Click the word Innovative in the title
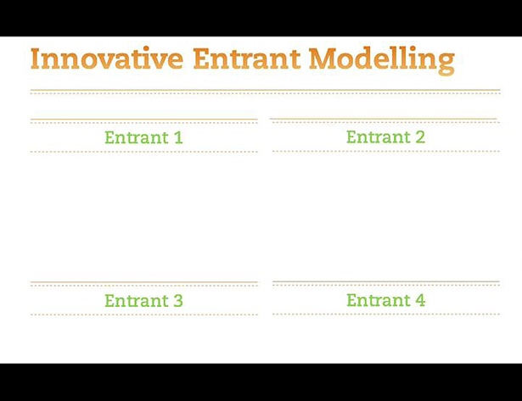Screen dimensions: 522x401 pos(107,58)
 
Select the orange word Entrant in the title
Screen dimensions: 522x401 pos(247,58)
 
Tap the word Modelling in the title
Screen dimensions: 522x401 pos(382,60)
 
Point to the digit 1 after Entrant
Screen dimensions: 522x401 pos(179,137)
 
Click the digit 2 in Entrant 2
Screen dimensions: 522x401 pos(420,136)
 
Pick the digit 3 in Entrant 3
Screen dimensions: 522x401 pos(178,301)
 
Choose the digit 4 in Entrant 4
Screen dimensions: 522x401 pos(420,300)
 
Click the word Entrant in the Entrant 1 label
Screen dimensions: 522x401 pos(137,137)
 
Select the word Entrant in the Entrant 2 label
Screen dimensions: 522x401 pos(379,136)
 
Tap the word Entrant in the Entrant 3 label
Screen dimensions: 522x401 pos(137,301)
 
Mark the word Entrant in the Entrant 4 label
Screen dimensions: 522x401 pos(379,300)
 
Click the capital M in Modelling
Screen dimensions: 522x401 pos(322,58)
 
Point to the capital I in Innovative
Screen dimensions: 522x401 pos(36,58)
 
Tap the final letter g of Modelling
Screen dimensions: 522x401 pos(446,64)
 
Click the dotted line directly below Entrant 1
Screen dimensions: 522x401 pos(144,152)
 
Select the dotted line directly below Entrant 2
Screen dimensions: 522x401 pos(386,151)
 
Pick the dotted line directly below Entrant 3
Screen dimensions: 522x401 pos(144,315)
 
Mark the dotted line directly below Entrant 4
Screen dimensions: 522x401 pos(386,314)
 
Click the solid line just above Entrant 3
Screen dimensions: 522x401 pos(144,282)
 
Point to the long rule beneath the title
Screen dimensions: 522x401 pos(266,90)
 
